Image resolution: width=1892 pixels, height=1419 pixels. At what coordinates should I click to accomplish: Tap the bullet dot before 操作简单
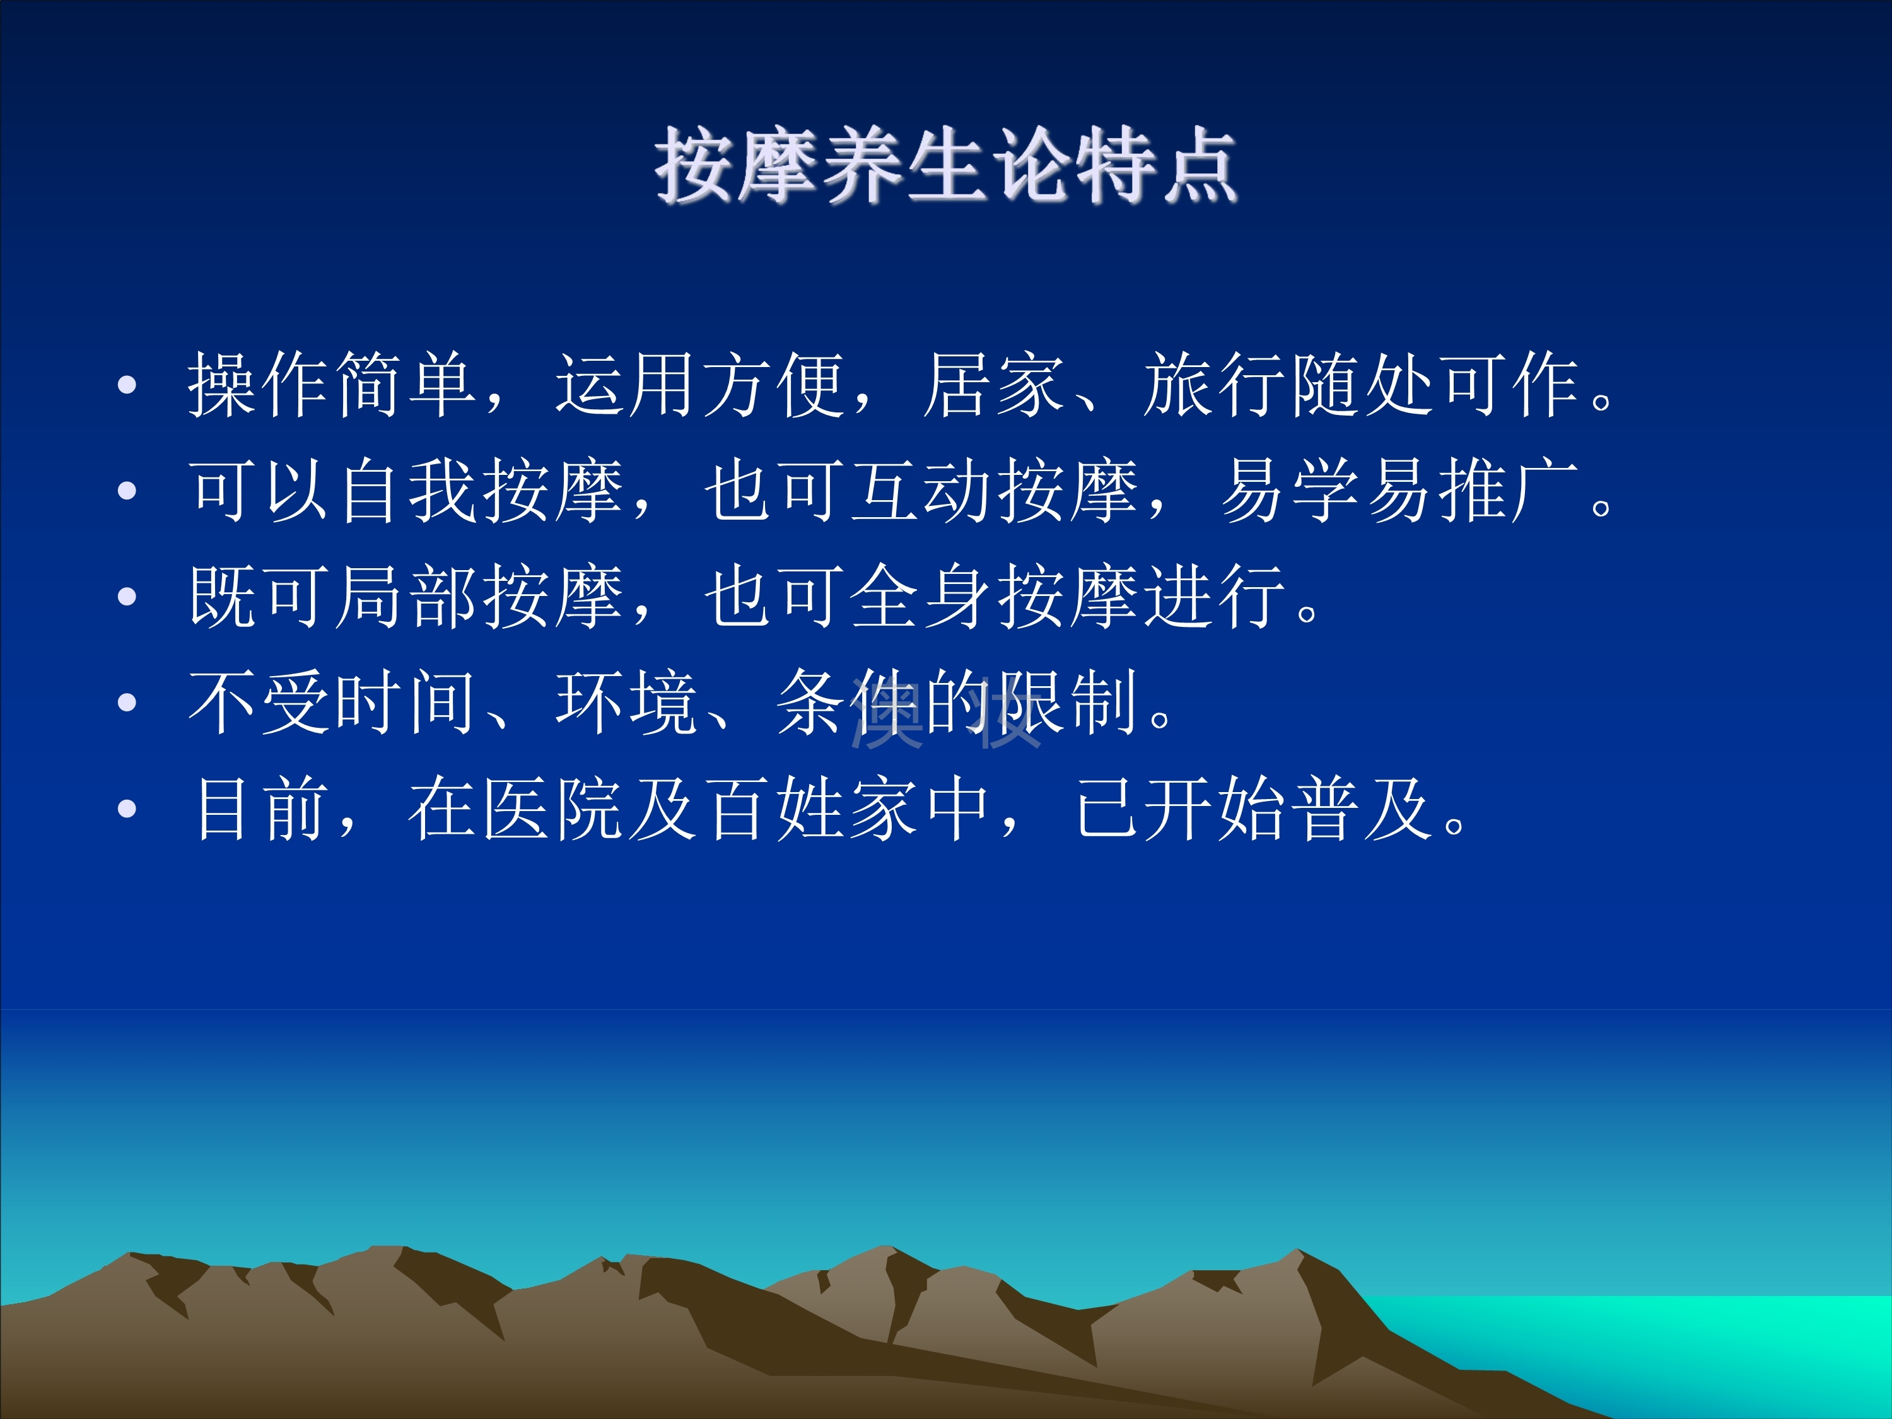point(127,385)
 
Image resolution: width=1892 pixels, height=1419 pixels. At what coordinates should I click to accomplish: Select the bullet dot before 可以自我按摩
point(127,491)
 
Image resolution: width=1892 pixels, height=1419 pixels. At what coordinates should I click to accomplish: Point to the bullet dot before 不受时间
point(127,702)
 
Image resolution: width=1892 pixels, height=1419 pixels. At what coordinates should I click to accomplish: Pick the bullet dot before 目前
point(127,809)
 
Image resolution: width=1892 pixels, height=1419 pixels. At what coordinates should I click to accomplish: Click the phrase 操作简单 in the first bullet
point(332,385)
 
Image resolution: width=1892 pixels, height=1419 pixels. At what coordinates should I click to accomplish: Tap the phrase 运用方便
point(701,385)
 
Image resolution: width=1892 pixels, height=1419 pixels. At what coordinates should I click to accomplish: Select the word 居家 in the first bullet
point(995,385)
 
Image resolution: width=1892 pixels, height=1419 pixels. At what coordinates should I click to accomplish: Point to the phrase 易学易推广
point(1399,491)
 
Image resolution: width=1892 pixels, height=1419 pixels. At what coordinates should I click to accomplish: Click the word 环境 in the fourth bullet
point(627,702)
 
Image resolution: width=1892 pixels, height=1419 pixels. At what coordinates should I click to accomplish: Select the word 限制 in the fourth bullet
point(1069,702)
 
